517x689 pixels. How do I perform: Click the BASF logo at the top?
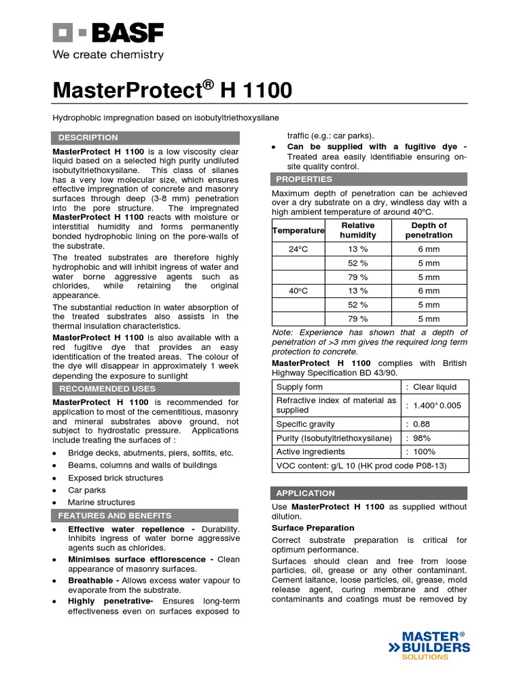pyautogui.click(x=107, y=33)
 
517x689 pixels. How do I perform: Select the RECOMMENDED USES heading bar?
pyautogui.click(x=107, y=388)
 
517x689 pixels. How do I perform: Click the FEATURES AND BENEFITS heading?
pyautogui.click(x=114, y=515)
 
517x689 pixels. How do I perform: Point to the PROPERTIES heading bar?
pyautogui.click(x=304, y=179)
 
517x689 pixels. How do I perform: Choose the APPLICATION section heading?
pyautogui.click(x=305, y=493)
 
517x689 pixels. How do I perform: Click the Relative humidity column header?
pyautogui.click(x=357, y=230)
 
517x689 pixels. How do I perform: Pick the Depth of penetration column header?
pyautogui.click(x=429, y=230)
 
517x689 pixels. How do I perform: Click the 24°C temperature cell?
pyautogui.click(x=298, y=249)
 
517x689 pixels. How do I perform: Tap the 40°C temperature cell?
pyautogui.click(x=298, y=291)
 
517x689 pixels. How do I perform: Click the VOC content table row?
pyautogui.click(x=362, y=466)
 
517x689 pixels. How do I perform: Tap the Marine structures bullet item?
pyautogui.click(x=101, y=502)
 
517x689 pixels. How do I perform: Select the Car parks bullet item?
pyautogui.click(x=87, y=490)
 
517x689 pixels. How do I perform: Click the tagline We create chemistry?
pyautogui.click(x=108, y=55)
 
